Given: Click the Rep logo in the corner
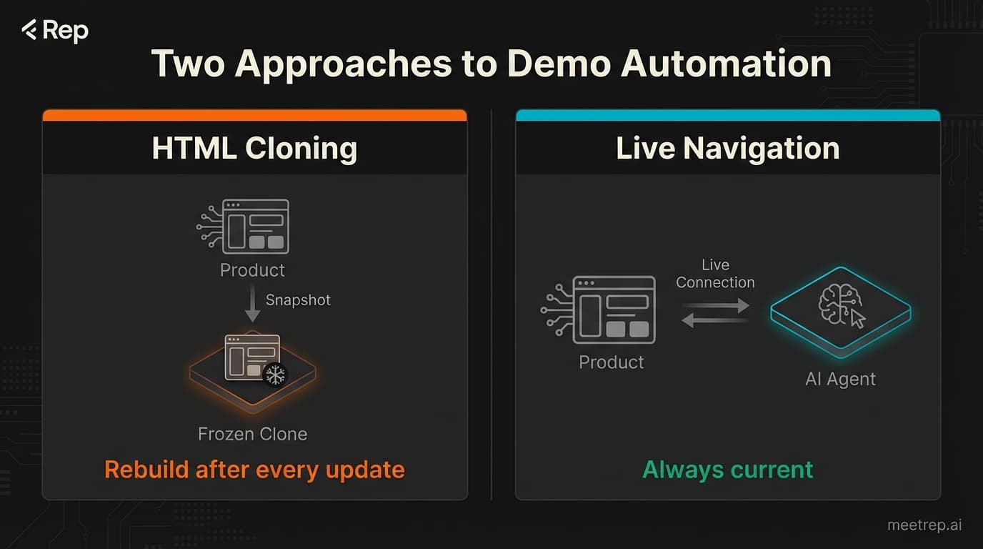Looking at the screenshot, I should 55,31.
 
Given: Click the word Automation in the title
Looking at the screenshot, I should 726,64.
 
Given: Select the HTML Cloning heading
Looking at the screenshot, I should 254,149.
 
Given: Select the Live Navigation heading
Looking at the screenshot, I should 727,149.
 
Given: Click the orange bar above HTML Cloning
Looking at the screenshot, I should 254,115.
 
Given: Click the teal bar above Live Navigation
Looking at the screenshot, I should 727,115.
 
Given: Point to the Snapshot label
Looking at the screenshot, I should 298,300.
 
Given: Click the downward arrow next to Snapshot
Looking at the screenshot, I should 251,305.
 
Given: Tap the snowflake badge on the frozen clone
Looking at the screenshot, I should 274,375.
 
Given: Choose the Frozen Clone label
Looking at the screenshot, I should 252,434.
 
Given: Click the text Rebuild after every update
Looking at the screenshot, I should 254,470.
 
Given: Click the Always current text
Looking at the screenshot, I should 727,470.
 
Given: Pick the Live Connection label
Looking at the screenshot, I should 715,274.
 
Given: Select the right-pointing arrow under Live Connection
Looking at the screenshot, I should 716,306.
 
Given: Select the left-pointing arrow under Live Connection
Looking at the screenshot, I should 716,322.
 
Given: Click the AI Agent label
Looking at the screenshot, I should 840,379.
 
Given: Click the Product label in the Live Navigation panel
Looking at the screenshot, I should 611,362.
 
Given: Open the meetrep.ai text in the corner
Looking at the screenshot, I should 924,525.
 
